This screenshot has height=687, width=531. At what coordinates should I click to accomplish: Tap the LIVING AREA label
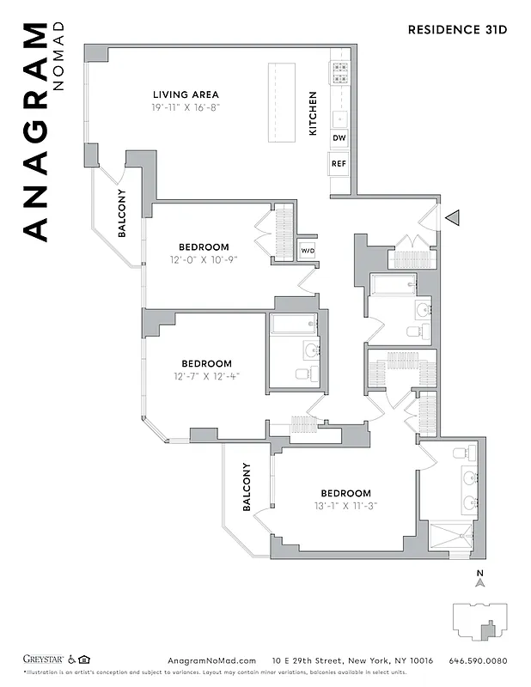tap(186, 94)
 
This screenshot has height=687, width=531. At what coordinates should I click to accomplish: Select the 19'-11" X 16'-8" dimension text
tap(186, 108)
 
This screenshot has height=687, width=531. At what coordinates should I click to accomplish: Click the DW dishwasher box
tap(339, 138)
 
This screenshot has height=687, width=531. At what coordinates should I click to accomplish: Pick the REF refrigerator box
tap(339, 163)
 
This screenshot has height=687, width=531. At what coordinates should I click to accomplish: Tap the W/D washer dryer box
tap(307, 250)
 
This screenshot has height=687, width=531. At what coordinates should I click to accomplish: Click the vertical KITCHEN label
tap(313, 113)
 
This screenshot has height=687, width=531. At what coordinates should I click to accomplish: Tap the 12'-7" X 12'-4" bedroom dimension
tap(206, 376)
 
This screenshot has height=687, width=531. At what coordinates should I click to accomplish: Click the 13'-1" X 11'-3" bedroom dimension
tap(345, 506)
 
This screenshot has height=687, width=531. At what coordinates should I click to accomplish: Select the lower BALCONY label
tap(246, 487)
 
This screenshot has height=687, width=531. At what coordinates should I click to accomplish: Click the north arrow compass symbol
tap(480, 581)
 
